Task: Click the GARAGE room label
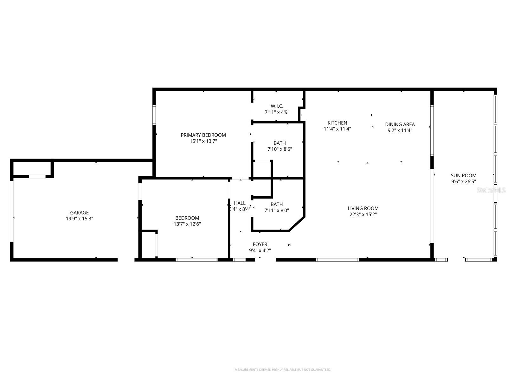pyautogui.click(x=79, y=213)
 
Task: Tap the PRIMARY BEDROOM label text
pyautogui.click(x=203, y=135)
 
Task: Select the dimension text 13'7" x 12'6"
pyautogui.click(x=187, y=224)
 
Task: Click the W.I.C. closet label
pyautogui.click(x=277, y=106)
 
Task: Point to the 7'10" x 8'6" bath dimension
pyautogui.click(x=279, y=149)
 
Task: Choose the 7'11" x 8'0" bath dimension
pyautogui.click(x=277, y=210)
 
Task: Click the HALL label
pyautogui.click(x=240, y=203)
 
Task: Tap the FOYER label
pyautogui.click(x=260, y=244)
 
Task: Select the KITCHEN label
pyautogui.click(x=337, y=123)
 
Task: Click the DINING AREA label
pyautogui.click(x=400, y=124)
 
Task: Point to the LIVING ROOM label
pyautogui.click(x=363, y=208)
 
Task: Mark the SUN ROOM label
pyautogui.click(x=464, y=176)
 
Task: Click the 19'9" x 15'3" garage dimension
pyautogui.click(x=79, y=218)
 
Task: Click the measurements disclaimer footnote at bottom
pyautogui.click(x=283, y=370)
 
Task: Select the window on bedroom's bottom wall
pyautogui.click(x=196, y=260)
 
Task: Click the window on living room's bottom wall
pyautogui.click(x=337, y=260)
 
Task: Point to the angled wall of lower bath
pyautogui.click(x=297, y=224)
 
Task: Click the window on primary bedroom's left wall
pyautogui.click(x=154, y=114)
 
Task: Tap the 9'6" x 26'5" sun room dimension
pyautogui.click(x=464, y=182)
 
